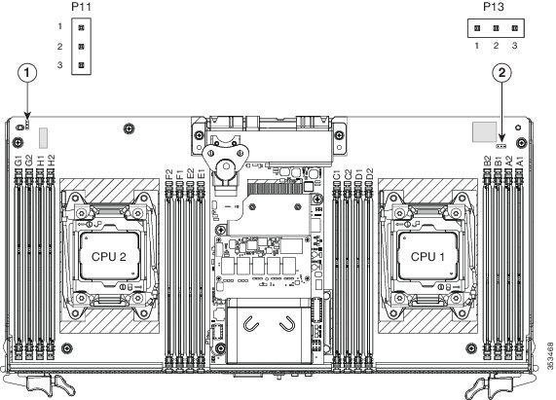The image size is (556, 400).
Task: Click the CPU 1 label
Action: [x=427, y=257]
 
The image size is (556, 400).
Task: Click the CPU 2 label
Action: [x=108, y=257]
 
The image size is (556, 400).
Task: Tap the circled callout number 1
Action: [x=27, y=73]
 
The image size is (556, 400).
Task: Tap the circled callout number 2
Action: [x=501, y=73]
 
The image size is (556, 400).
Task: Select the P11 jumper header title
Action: [x=81, y=7]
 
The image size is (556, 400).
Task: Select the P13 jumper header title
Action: [x=494, y=7]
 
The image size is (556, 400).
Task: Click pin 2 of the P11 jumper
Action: [x=81, y=47]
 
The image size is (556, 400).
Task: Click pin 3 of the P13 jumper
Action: [x=515, y=28]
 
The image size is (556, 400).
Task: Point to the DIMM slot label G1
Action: [x=19, y=161]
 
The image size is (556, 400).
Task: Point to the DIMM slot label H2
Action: [x=51, y=161]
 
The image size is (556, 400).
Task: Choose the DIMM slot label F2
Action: [x=169, y=174]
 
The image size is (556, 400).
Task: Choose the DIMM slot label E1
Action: [x=201, y=174]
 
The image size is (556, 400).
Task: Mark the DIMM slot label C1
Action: [x=337, y=174]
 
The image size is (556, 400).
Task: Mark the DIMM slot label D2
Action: [x=369, y=174]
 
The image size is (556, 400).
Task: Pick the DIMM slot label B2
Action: [x=488, y=161]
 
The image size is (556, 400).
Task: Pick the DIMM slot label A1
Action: [x=519, y=161]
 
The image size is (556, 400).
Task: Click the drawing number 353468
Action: [x=550, y=355]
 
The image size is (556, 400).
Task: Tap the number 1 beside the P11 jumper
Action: [x=60, y=26]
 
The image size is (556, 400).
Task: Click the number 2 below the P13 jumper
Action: [x=496, y=46]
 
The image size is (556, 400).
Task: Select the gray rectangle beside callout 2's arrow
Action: [x=484, y=131]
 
